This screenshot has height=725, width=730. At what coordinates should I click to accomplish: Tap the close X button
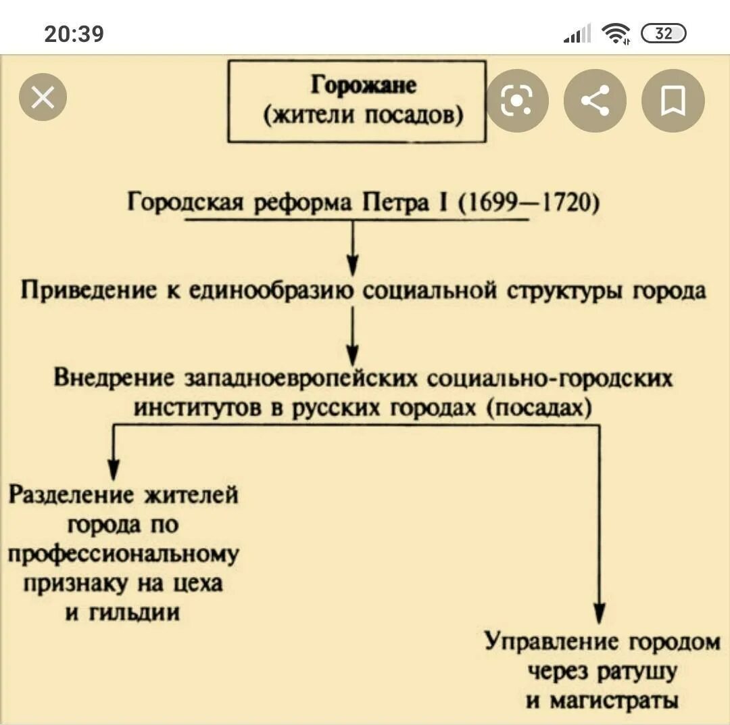point(43,98)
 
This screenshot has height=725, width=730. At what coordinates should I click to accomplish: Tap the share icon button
point(595,101)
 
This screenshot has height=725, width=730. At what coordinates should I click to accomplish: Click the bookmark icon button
point(673,101)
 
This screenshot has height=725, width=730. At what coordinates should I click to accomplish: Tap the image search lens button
point(517,101)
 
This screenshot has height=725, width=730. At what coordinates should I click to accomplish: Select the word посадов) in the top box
point(414,116)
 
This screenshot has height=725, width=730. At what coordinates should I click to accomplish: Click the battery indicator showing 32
point(663,33)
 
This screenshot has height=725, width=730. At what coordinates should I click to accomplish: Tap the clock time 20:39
point(74,33)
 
